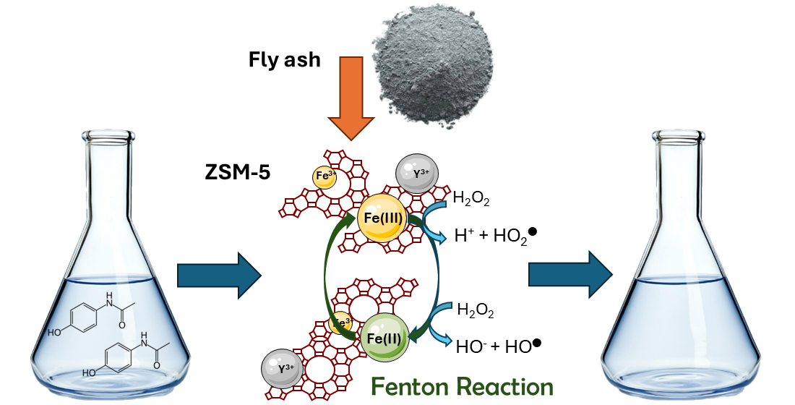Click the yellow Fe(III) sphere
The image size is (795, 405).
382,218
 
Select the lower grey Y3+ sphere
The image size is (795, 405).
283,369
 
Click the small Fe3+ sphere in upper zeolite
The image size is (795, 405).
325,176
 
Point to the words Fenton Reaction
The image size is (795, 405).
462,385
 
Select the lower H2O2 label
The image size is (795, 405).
476,311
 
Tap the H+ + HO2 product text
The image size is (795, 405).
494,234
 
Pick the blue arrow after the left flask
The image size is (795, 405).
219,275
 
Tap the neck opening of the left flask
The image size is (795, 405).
108,134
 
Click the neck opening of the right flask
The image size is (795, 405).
677,134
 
